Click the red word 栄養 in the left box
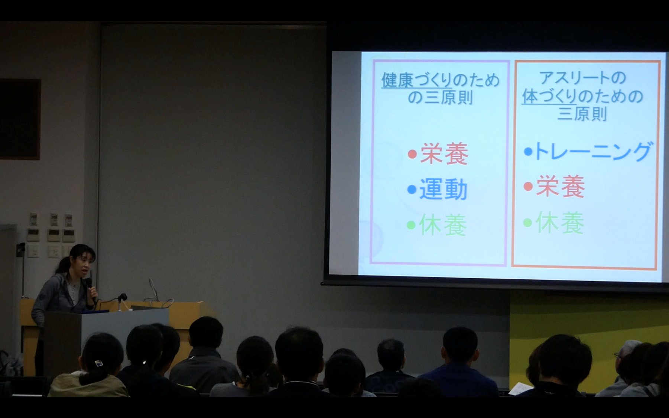tap(444, 153)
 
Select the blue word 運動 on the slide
tap(443, 189)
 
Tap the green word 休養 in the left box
tap(442, 225)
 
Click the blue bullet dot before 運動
tap(412, 190)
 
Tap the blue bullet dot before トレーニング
tap(528, 152)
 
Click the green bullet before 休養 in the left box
tap(411, 225)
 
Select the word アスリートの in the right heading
tap(582, 78)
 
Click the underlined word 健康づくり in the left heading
tap(416, 80)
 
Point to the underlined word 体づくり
tap(549, 97)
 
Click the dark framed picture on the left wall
tap(20, 119)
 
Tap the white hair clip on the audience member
tap(98, 363)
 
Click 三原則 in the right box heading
tap(582, 114)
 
